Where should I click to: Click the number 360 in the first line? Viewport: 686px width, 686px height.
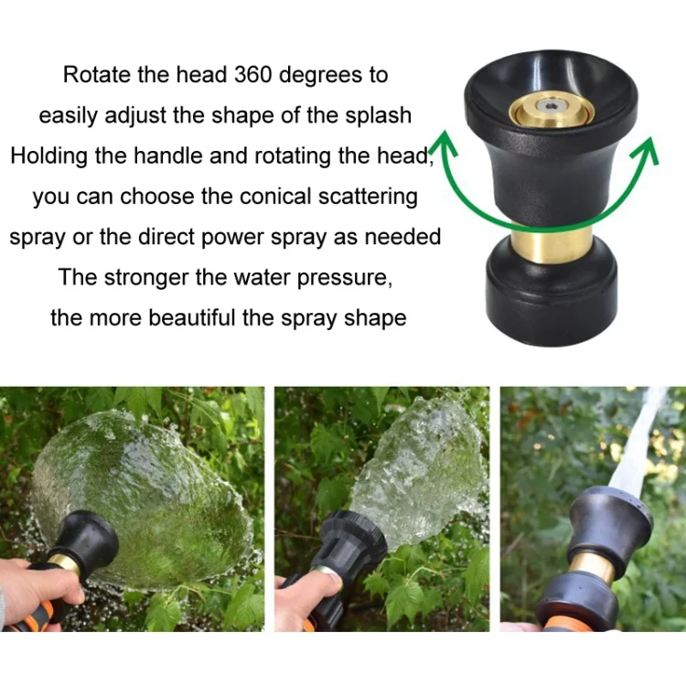[253, 74]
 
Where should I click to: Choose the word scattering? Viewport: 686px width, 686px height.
[368, 198]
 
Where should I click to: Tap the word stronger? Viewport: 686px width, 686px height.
[146, 278]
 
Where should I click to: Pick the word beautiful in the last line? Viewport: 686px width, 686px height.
[191, 318]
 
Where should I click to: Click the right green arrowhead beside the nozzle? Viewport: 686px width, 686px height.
[645, 150]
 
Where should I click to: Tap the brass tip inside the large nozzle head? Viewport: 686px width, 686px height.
[552, 111]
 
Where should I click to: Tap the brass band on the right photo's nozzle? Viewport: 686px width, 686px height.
[592, 565]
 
